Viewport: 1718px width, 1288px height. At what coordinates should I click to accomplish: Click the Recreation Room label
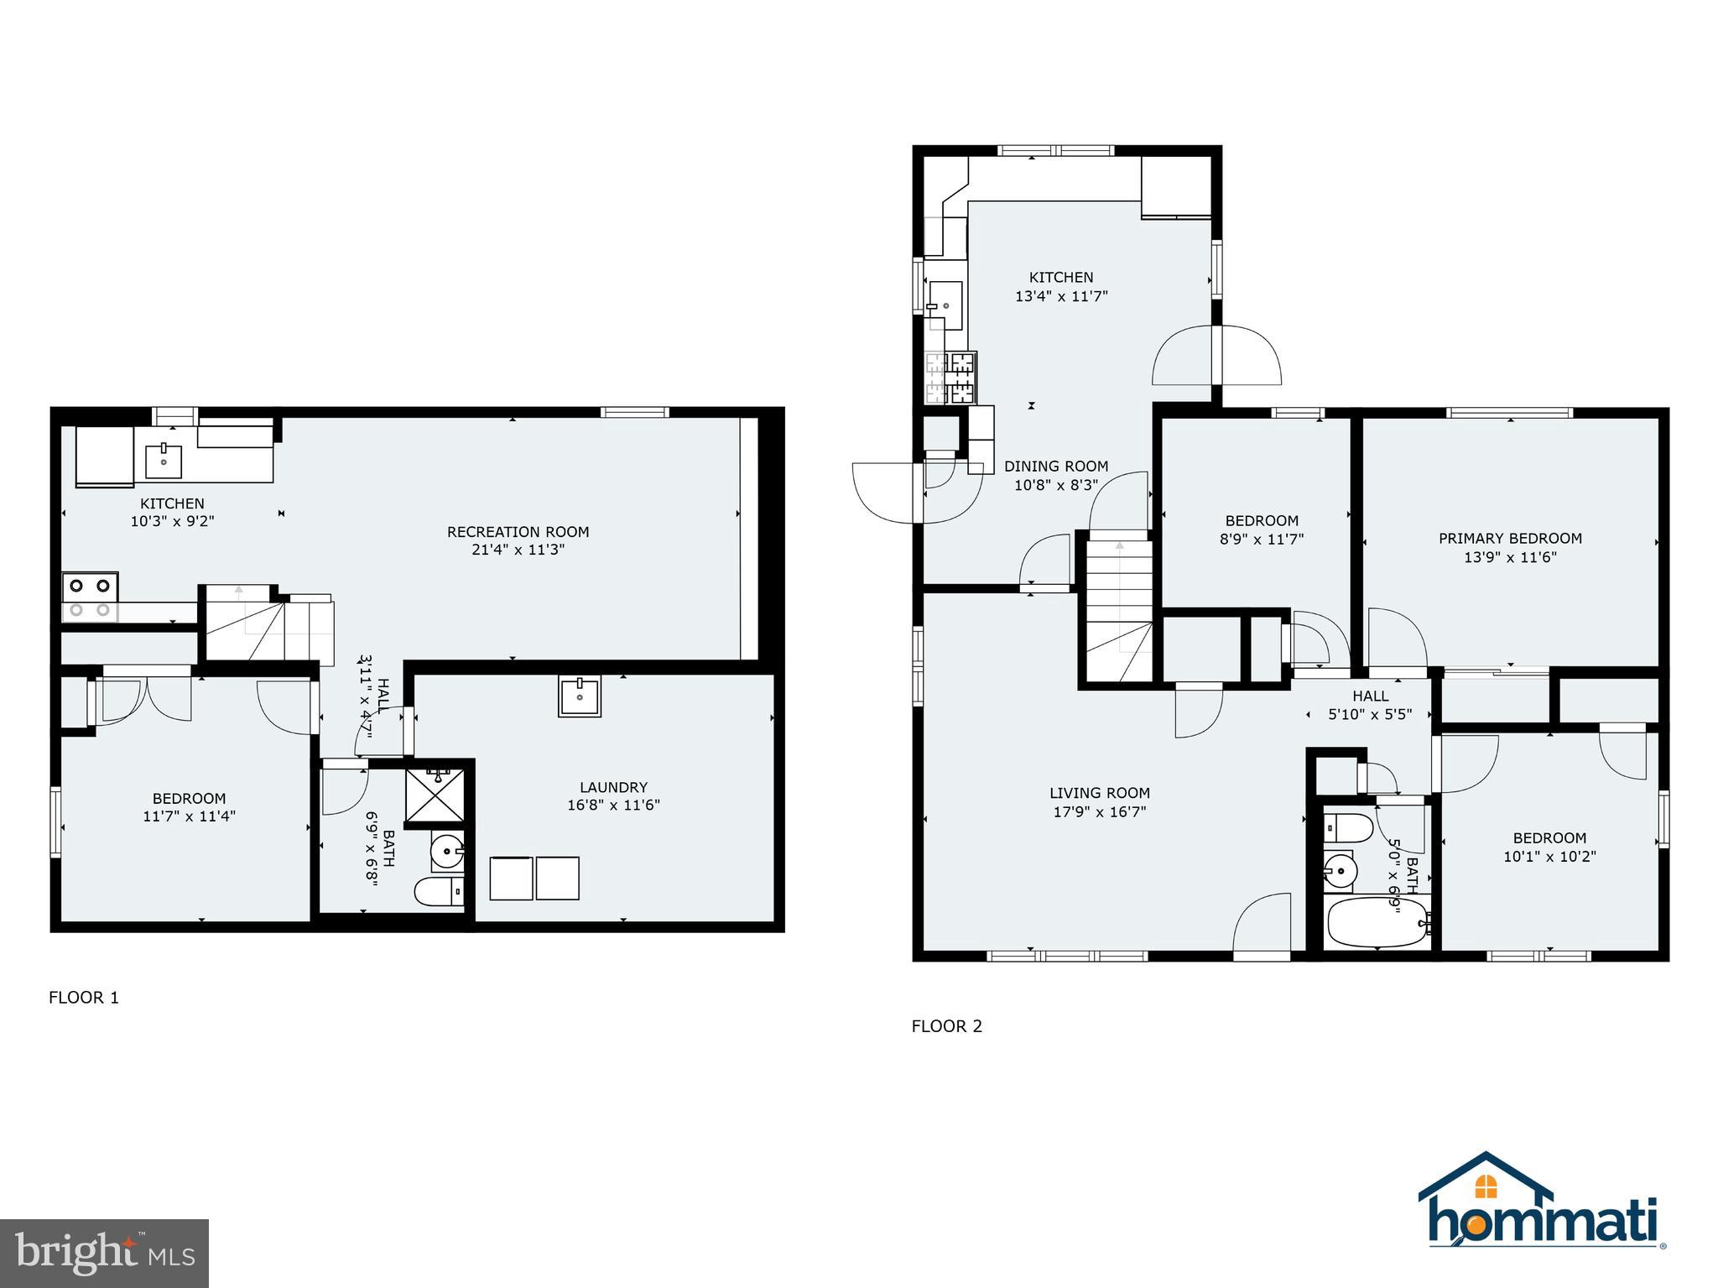coord(518,532)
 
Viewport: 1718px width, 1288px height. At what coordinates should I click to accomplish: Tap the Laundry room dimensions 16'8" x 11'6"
coord(613,806)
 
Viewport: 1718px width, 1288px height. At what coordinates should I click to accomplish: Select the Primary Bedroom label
coord(1510,539)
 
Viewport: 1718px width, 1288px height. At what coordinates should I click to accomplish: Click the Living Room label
coord(1099,793)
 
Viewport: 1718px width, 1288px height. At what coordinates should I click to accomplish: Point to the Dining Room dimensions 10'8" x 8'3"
coord(1056,485)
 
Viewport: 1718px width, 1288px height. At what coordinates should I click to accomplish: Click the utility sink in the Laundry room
coord(580,696)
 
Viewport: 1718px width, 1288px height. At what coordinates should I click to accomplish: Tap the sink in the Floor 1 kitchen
coord(164,460)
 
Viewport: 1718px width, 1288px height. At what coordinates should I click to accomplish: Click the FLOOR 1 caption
coord(84,998)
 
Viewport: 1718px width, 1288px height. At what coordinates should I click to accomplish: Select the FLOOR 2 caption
coord(946,1026)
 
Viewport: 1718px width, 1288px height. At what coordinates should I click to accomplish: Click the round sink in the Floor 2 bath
coord(1341,872)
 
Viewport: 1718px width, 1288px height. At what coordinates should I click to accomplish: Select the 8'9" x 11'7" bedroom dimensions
coord(1262,540)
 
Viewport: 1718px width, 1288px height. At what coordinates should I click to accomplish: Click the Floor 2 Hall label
coord(1370,696)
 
